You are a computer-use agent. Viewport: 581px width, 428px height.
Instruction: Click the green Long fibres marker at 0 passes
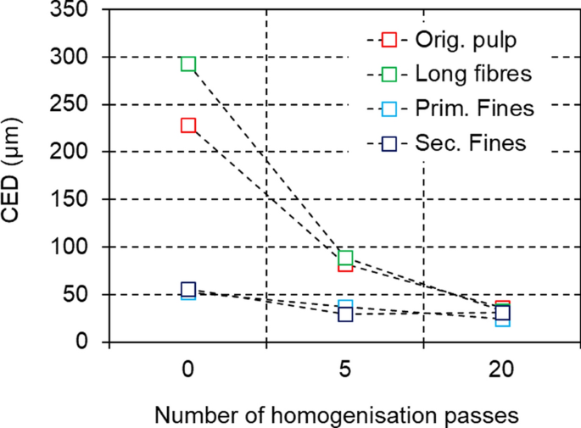(188, 64)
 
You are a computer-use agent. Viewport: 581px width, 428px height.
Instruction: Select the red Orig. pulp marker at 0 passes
(188, 125)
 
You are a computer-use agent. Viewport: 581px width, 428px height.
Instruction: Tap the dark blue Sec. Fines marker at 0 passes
(188, 290)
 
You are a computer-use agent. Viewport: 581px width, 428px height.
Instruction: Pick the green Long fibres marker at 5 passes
(345, 258)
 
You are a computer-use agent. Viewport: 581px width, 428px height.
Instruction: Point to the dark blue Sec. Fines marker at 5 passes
(345, 314)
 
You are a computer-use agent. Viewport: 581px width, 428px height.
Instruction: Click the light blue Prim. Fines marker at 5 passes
(345, 306)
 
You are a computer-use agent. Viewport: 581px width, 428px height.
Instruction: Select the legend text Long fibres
(472, 74)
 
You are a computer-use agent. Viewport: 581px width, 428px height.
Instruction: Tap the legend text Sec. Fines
(471, 142)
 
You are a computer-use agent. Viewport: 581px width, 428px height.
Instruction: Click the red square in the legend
(389, 40)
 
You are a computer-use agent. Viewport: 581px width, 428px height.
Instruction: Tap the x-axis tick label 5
(345, 371)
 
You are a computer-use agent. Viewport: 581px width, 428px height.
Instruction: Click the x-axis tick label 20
(502, 371)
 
